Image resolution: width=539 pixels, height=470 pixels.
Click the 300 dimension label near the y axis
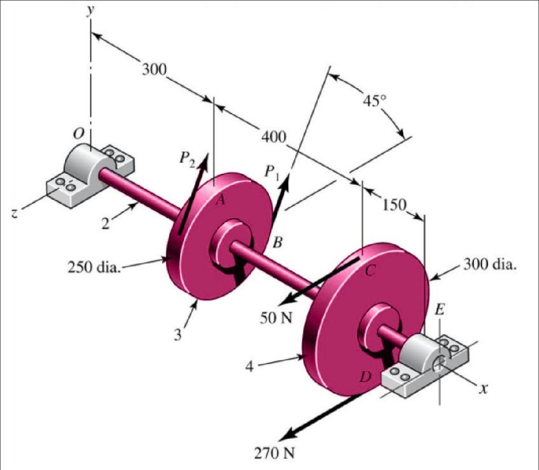coord(153,69)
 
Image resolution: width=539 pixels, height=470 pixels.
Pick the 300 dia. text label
coord(490,264)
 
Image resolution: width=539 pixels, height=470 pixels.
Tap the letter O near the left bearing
coord(78,135)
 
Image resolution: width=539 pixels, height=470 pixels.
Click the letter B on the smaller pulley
coord(278,242)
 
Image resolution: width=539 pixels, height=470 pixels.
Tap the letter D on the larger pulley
coord(365,376)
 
